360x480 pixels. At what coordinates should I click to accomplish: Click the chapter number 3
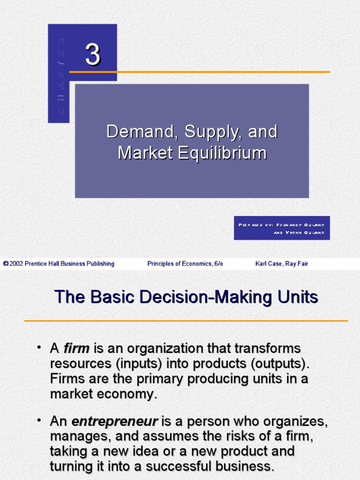coord(92,55)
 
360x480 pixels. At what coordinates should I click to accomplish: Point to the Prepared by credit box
coord(282,228)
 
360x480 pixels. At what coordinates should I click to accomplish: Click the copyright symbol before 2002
coord(6,264)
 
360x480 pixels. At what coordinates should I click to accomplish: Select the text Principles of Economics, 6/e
coord(185,264)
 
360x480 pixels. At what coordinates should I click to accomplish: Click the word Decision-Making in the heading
coord(204,297)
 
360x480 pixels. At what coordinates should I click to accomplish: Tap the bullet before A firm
coord(40,347)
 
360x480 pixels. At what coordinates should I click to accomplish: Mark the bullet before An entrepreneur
coord(40,420)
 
